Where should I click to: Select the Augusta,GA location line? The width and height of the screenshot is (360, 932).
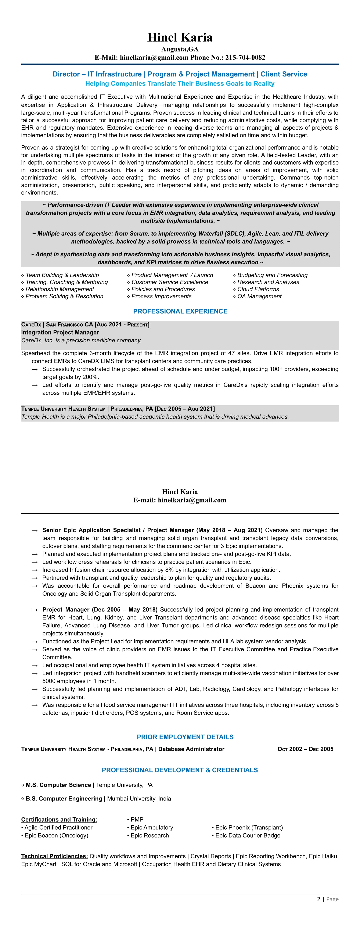[x=180, y=49]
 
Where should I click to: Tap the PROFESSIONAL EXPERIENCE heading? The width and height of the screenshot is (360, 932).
[x=180, y=311]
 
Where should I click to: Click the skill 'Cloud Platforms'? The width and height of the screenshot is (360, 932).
[x=258, y=289]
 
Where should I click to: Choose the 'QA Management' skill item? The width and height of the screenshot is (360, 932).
[x=259, y=296]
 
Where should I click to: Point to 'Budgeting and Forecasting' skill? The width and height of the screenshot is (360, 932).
[x=272, y=275]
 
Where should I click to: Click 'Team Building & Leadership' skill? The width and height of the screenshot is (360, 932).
[x=62, y=275]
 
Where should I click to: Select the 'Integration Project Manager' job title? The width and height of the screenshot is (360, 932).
[x=60, y=332]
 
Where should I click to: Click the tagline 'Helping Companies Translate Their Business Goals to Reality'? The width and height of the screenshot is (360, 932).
[x=180, y=84]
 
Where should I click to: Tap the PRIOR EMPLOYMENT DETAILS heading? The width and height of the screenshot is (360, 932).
[x=185, y=737]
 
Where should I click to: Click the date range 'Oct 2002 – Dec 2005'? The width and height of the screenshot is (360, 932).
[x=305, y=749]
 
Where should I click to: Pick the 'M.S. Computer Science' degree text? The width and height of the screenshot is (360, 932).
[x=58, y=785]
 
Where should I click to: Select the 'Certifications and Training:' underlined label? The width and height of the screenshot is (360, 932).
[x=59, y=820]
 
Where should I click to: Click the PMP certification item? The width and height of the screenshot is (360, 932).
[x=137, y=820]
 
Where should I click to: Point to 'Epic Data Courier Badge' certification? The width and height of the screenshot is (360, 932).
[x=248, y=835]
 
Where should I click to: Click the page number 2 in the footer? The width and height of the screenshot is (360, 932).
[x=318, y=899]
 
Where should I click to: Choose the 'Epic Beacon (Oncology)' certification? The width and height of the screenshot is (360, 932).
[x=57, y=835]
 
